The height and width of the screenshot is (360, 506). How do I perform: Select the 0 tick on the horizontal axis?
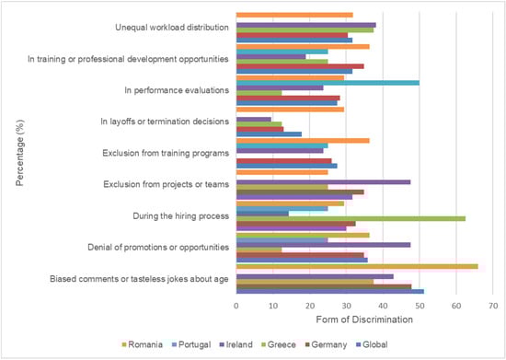click(236, 305)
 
